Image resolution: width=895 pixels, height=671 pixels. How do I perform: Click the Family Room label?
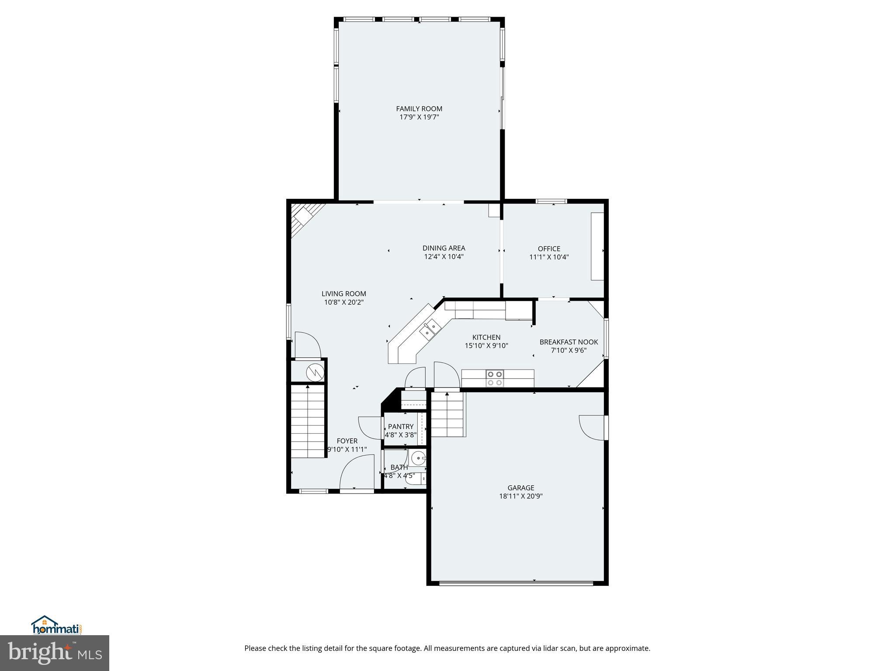click(419, 109)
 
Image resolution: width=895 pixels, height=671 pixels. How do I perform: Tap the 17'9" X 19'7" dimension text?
click(419, 117)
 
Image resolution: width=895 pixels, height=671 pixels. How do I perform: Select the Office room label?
click(549, 249)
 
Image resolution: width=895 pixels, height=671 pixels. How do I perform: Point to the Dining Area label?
click(444, 248)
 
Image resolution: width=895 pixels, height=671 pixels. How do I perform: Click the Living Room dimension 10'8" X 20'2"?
click(344, 302)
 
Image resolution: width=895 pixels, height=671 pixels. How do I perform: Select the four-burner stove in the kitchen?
click(495, 378)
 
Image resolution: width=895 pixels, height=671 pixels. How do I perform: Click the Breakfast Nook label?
click(569, 342)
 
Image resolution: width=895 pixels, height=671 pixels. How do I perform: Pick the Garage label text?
click(521, 488)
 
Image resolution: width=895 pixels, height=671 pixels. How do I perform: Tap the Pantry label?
click(401, 426)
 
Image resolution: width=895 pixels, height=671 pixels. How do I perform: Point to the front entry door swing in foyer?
click(356, 472)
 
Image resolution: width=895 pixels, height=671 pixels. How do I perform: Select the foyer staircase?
click(308, 421)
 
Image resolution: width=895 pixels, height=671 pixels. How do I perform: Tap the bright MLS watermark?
click(54, 653)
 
